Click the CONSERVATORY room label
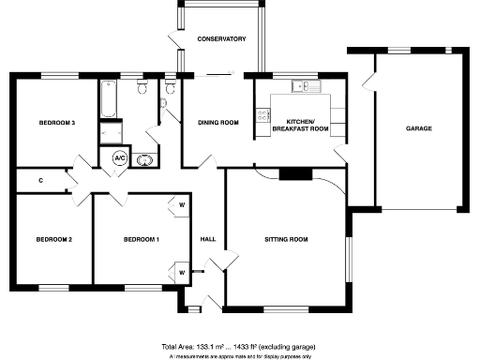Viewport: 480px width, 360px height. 221,39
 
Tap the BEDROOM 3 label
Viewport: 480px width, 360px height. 56,124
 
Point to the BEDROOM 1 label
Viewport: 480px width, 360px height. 141,240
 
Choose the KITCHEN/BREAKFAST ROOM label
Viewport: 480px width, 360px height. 307,126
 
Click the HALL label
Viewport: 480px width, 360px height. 208,240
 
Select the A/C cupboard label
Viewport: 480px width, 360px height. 120,158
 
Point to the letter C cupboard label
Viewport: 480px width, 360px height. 41,180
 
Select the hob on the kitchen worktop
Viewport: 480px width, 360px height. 262,118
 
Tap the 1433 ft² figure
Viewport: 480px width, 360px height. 245,346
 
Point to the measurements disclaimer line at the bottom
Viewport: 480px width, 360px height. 240,356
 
